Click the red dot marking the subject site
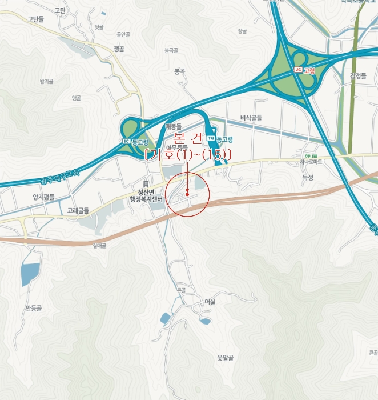click(x=187, y=194)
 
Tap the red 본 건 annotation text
click(x=188, y=139)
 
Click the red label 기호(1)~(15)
click(x=188, y=155)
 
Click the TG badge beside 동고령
click(x=211, y=138)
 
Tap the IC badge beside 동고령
click(x=126, y=141)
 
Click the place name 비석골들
click(x=251, y=118)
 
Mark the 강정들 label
click(x=358, y=75)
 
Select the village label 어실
click(x=210, y=302)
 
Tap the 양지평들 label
click(x=43, y=197)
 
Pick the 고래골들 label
click(x=78, y=210)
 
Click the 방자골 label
click(x=46, y=82)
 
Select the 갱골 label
click(x=119, y=49)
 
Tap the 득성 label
click(x=307, y=178)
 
